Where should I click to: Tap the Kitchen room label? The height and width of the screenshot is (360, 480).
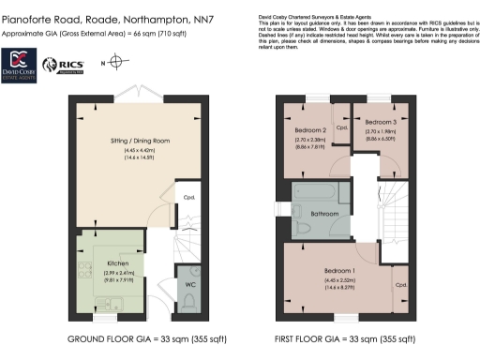117,263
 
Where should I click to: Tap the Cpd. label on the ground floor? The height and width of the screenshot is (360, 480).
188,198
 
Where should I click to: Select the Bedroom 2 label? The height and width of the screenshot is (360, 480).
310,129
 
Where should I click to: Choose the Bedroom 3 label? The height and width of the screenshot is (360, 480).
381,123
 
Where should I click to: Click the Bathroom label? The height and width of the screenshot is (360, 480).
323,213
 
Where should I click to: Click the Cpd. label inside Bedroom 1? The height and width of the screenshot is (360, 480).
401,284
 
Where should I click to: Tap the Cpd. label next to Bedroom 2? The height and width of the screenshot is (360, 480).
341,127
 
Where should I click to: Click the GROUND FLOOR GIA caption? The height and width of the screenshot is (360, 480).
136,337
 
